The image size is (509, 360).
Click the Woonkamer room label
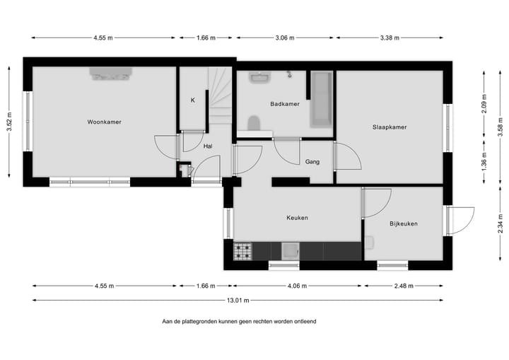(104, 122)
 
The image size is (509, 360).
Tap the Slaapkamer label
(390, 127)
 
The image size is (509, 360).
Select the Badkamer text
(284, 104)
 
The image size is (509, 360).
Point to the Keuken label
(297, 218)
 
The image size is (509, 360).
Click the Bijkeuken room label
(404, 223)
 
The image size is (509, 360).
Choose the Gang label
(312, 162)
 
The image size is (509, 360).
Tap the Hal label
(208, 146)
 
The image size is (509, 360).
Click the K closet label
(192, 100)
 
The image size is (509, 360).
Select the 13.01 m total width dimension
(238, 300)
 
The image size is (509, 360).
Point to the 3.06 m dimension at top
(286, 38)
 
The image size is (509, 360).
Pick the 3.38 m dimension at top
(390, 38)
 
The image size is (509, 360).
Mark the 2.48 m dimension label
(404, 286)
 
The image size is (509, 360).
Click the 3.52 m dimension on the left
(9, 122)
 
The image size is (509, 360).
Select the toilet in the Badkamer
(255, 124)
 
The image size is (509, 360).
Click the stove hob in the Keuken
(243, 250)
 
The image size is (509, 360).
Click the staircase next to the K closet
(220, 95)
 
